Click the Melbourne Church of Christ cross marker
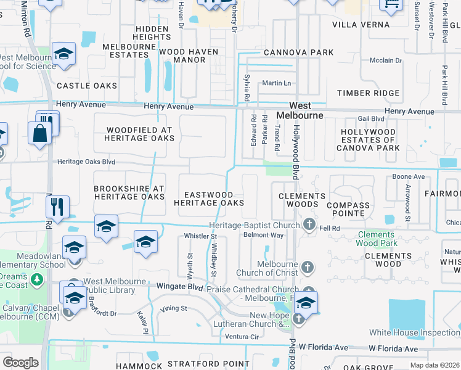tap(308, 267)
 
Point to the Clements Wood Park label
tap(375, 239)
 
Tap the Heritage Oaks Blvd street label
tap(86, 162)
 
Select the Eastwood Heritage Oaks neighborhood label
tap(208, 199)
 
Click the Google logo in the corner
tap(20, 363)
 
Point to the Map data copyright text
tap(434, 365)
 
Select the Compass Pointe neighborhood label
tap(348, 209)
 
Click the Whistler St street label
tap(201, 236)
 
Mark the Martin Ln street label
tap(276, 83)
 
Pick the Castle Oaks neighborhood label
tap(87, 86)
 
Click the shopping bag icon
tap(39, 133)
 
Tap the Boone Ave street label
tap(409, 176)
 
